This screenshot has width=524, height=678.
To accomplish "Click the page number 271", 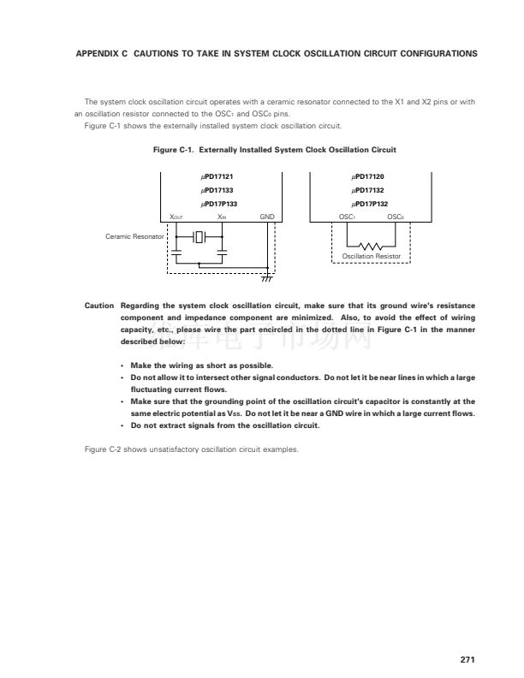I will pos(467,659).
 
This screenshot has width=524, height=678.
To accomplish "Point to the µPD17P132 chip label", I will pos(371,204).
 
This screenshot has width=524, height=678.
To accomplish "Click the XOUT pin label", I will pos(176,217).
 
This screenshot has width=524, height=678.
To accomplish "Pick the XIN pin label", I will pos(222,217).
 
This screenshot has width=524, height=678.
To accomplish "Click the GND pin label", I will pos(266,217).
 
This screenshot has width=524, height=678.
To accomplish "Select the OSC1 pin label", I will pos(347,217).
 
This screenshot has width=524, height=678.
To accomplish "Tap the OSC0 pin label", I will pos(395,217).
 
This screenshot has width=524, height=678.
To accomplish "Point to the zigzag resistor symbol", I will pos(371,245).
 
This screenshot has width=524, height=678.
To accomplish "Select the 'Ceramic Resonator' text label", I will pos(134,236).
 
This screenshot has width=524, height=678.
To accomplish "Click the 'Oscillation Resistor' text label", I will pos(371,256).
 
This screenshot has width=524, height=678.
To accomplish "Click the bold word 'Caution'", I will pos(99,305).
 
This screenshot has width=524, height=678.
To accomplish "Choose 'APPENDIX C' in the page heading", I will pos(102,53).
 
